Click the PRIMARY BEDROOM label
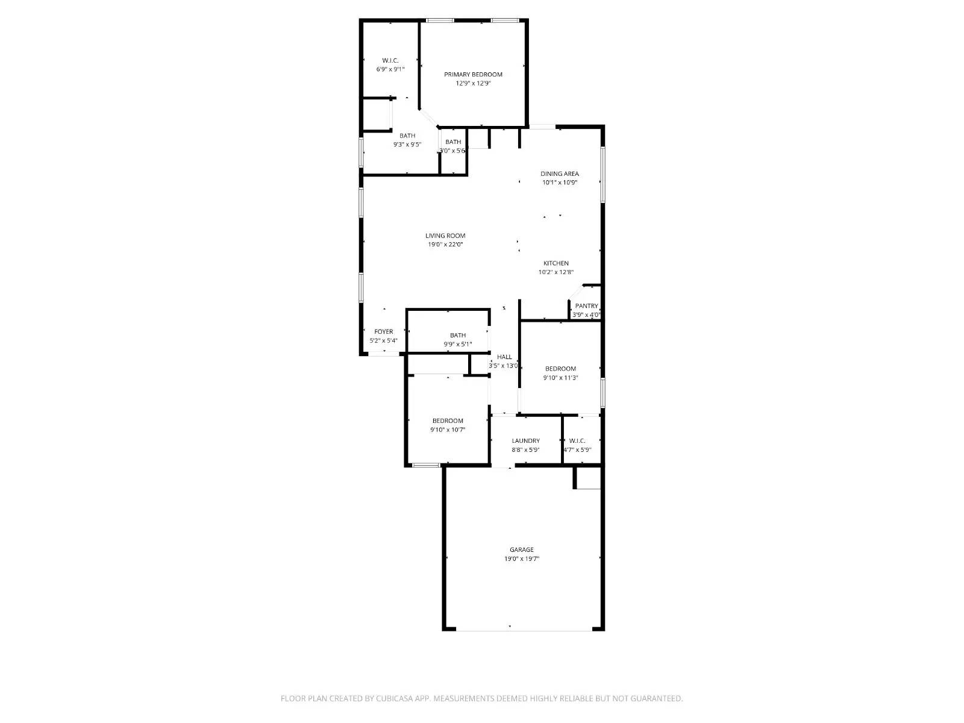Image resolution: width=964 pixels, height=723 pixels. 473,75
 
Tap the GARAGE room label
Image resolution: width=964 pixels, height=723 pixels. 522,549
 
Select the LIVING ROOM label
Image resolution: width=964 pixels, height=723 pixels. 445,236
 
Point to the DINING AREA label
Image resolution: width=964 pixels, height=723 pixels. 560,174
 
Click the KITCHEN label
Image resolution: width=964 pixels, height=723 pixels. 556,263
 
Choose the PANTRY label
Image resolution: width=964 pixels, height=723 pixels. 586,306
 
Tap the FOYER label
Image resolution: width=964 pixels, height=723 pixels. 384,332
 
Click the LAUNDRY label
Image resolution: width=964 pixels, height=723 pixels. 525,441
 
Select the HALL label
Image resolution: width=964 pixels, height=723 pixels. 504,357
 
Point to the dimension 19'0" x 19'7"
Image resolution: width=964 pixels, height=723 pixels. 522,559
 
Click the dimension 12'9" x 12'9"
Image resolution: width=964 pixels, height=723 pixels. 473,84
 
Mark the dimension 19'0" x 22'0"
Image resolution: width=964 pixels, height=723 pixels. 445,245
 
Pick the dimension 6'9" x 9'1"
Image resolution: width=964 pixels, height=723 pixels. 390,69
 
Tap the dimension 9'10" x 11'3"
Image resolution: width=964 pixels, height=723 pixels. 561,378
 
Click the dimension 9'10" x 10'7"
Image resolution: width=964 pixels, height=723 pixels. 448,430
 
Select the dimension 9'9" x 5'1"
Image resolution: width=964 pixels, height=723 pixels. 458,345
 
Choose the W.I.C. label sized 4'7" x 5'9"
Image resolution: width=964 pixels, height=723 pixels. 577,441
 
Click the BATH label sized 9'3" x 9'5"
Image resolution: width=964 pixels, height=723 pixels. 407,136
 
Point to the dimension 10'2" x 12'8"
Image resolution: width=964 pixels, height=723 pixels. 556,272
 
